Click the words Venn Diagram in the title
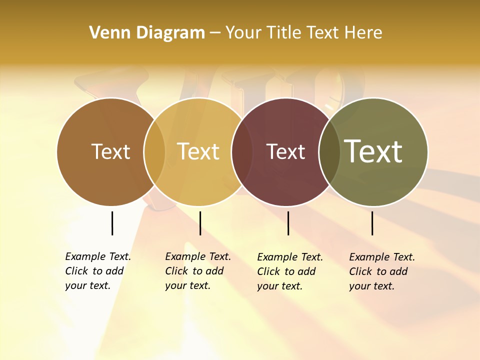pos(147,33)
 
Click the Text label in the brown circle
pos(110,151)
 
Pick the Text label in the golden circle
pos(198,151)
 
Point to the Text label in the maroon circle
pos(285,151)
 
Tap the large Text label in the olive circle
pos(373,151)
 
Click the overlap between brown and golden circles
pos(154,152)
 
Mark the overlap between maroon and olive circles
pos(329,152)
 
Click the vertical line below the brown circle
pos(112,223)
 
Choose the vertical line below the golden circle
pos(200,223)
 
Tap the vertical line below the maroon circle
pos(288,223)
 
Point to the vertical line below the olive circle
pos(372,223)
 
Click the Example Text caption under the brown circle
pos(98,271)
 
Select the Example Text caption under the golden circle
pos(198,271)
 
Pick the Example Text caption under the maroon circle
pos(290,271)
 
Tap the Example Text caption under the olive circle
pos(382,271)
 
